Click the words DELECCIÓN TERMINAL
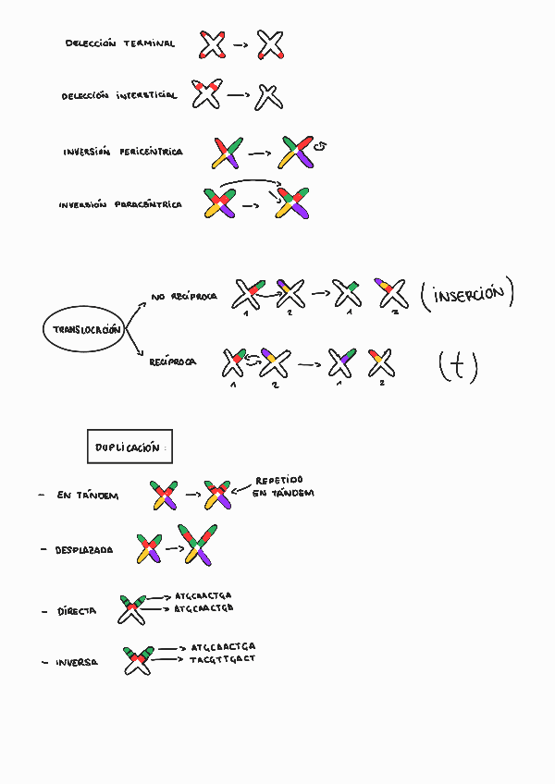(119, 43)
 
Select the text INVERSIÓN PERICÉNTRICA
(122, 152)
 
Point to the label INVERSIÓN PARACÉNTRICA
(119, 205)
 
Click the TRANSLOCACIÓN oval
(83, 330)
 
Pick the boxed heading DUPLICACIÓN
(129, 447)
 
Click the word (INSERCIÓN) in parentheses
(466, 297)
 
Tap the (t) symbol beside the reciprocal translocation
(458, 367)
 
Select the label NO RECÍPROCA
(183, 298)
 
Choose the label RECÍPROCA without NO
(173, 363)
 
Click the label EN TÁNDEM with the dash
(87, 496)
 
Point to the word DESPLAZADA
(84, 550)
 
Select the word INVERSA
(77, 663)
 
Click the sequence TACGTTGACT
(222, 659)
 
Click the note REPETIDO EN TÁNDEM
(284, 486)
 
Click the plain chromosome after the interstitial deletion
(268, 95)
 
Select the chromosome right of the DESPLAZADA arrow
(200, 545)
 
